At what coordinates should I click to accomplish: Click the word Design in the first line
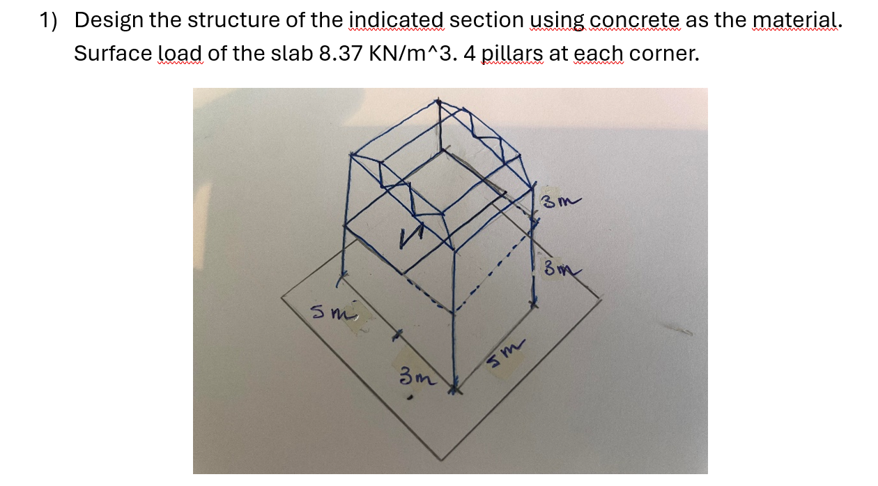(107, 20)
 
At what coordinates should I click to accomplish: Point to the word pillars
(512, 53)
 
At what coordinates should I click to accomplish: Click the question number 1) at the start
(47, 20)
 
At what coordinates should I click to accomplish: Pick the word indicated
(396, 20)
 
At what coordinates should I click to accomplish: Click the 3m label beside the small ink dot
(416, 378)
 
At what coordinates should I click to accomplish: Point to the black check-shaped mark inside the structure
(407, 240)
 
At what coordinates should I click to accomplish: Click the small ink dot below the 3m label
(411, 398)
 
